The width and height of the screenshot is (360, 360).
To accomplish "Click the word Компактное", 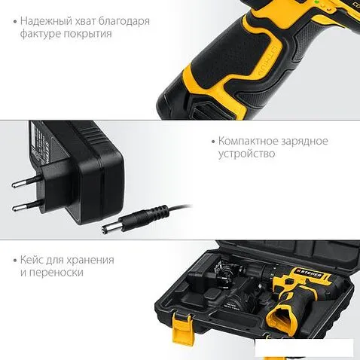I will tap(248, 140).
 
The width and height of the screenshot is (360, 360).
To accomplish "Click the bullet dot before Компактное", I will tap(212, 141).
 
